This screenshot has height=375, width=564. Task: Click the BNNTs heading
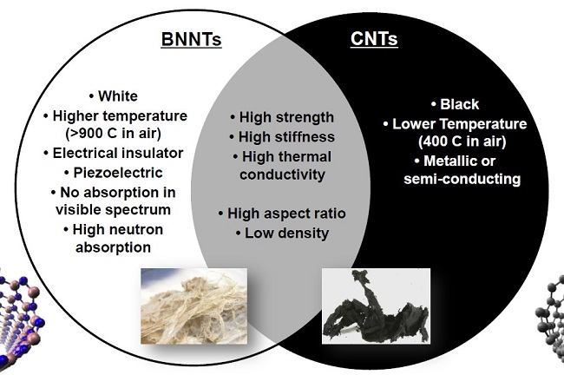pos(191,39)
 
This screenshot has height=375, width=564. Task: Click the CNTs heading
pos(374,39)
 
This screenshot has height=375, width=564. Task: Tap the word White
pos(118,96)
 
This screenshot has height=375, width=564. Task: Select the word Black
pos(460,104)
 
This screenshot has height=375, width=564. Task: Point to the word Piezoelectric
pos(118,173)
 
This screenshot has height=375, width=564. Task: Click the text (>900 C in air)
pos(114,134)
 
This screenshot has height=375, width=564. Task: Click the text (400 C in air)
pos(462,141)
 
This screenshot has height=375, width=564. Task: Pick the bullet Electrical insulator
pos(114,153)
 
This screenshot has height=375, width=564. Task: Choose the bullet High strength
pos(282,117)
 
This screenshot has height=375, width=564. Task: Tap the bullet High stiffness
pos(282,137)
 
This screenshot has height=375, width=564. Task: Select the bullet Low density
pos(282,234)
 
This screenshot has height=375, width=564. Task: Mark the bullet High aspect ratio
pos(282,214)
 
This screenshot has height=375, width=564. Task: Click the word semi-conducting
pos(462,179)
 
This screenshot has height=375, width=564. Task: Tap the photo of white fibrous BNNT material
pos(193,306)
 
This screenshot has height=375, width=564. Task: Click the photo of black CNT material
pos(376,306)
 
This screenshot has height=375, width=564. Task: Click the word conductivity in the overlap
pos(282,174)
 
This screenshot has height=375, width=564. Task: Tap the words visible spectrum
pos(114,210)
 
